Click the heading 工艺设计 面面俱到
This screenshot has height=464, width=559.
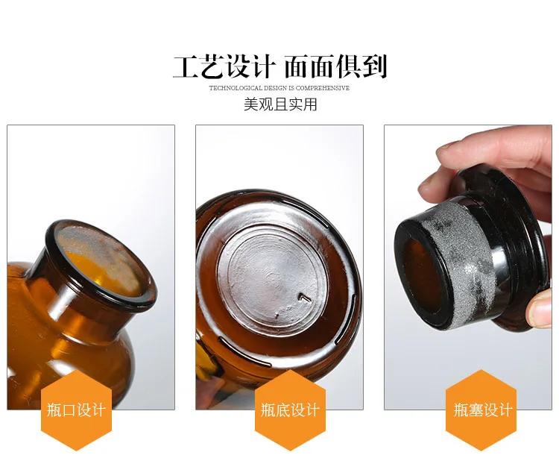click(x=279, y=66)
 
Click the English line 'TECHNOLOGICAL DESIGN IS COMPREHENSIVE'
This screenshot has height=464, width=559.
click(x=279, y=88)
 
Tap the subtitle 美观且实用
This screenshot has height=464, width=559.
click(x=280, y=104)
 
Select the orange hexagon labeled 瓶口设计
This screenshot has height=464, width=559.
click(x=76, y=410)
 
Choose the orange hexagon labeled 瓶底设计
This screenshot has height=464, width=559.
click(x=290, y=410)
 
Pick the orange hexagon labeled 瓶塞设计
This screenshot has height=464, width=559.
click(x=481, y=410)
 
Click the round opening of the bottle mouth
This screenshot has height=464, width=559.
click(x=100, y=263)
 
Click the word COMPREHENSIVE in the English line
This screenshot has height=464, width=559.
click(x=322, y=88)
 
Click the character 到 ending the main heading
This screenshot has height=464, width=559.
click(x=374, y=66)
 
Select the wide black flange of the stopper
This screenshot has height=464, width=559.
click(x=514, y=250)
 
